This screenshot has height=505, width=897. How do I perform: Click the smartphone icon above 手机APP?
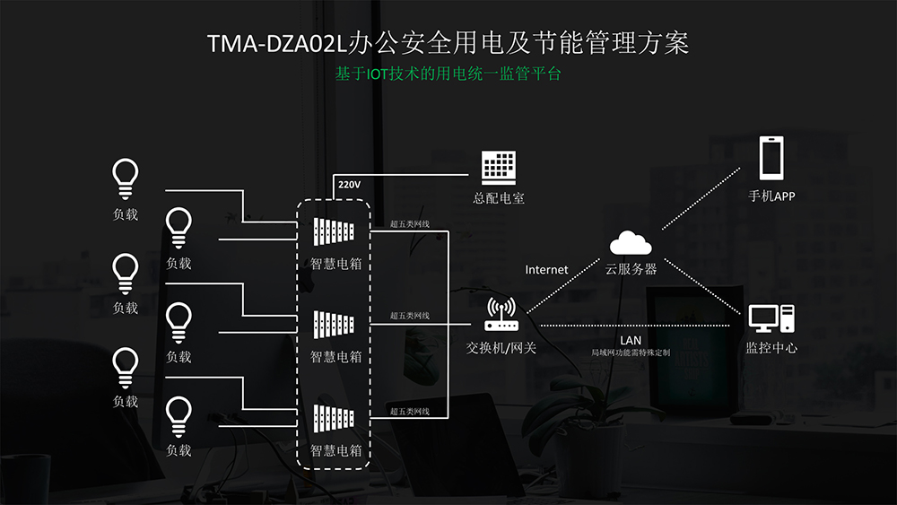(x=771, y=158)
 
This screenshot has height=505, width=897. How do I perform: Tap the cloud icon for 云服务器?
(x=631, y=242)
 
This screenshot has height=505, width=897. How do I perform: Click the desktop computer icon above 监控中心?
(x=771, y=318)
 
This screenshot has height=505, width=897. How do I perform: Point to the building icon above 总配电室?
(x=498, y=168)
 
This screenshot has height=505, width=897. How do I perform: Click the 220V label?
(x=349, y=185)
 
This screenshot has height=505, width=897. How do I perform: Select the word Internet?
(x=546, y=269)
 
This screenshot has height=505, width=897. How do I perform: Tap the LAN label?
(x=631, y=340)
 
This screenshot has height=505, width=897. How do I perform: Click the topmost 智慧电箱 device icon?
(x=334, y=231)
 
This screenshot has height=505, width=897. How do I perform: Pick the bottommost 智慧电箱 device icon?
(x=334, y=419)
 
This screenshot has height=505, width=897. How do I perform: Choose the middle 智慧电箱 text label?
(x=335, y=357)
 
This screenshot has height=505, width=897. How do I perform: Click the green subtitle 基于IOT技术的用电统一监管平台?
(x=448, y=74)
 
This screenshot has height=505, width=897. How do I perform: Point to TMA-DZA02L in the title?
(x=277, y=43)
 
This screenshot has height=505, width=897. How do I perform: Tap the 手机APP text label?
(x=771, y=196)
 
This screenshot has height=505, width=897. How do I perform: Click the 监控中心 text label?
(x=771, y=348)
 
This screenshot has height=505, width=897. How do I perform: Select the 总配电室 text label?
(x=499, y=198)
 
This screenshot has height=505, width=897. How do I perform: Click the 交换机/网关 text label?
(x=501, y=348)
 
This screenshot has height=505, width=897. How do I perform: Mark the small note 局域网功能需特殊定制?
(x=631, y=353)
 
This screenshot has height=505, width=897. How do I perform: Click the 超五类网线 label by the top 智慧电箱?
(x=410, y=224)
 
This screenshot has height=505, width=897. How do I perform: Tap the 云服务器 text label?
(x=631, y=269)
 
